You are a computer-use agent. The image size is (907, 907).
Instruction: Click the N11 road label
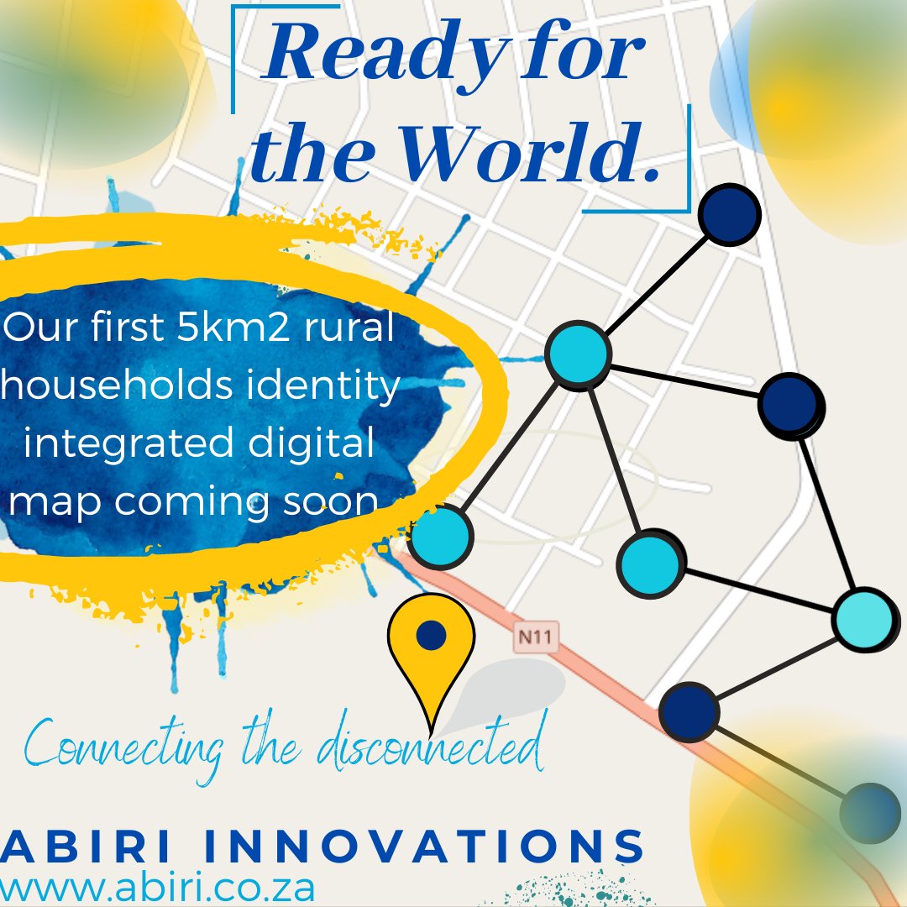536,637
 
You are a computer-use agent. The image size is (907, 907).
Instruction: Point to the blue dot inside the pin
431,635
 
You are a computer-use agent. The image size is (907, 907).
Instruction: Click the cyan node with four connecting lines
577,354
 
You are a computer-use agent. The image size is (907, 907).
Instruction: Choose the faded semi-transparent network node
870,813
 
